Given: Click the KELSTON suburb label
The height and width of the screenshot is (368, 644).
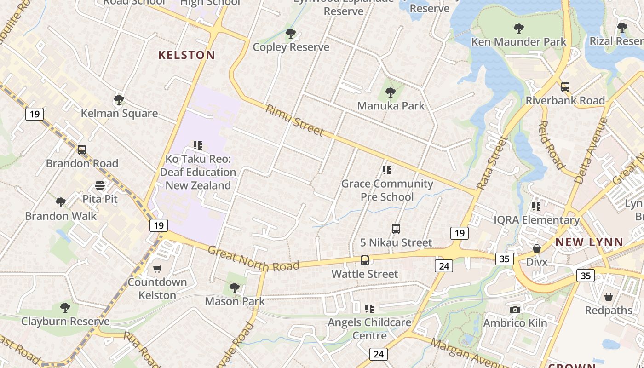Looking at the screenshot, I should coord(186,55).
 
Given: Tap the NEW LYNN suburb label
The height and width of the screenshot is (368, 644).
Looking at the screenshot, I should coord(589,242).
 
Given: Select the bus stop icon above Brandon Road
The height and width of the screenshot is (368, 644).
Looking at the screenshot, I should coord(82,149).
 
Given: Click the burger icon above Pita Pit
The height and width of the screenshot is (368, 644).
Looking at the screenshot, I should coord(100,185).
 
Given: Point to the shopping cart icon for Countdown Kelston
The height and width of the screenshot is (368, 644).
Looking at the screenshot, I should coord(157,269).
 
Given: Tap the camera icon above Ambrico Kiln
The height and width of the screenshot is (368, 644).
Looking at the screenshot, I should coord(515,310).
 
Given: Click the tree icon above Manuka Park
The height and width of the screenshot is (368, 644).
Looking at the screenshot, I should coord(391,92).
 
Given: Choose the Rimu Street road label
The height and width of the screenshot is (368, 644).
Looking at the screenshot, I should coord(294,121).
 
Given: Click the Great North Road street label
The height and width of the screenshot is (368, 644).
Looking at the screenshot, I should coord(253,259).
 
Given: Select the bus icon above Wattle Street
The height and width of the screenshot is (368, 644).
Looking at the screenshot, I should coord(365,260).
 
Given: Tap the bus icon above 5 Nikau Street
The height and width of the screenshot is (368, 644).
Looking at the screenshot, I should coord(396,229).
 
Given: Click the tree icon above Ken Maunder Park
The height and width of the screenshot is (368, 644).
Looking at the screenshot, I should coord(519,29).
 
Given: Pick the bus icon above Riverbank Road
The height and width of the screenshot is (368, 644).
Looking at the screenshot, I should coord(565,87).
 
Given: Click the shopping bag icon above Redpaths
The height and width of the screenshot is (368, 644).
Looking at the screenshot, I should coord(609,297).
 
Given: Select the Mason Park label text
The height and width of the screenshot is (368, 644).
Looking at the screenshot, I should coord(235,301).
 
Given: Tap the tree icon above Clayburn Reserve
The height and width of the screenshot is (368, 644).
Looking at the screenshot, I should coord(65,307).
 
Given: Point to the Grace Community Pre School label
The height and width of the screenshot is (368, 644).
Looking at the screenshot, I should coord(387,190).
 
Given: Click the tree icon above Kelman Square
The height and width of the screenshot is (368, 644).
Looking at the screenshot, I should coord(119,99).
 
